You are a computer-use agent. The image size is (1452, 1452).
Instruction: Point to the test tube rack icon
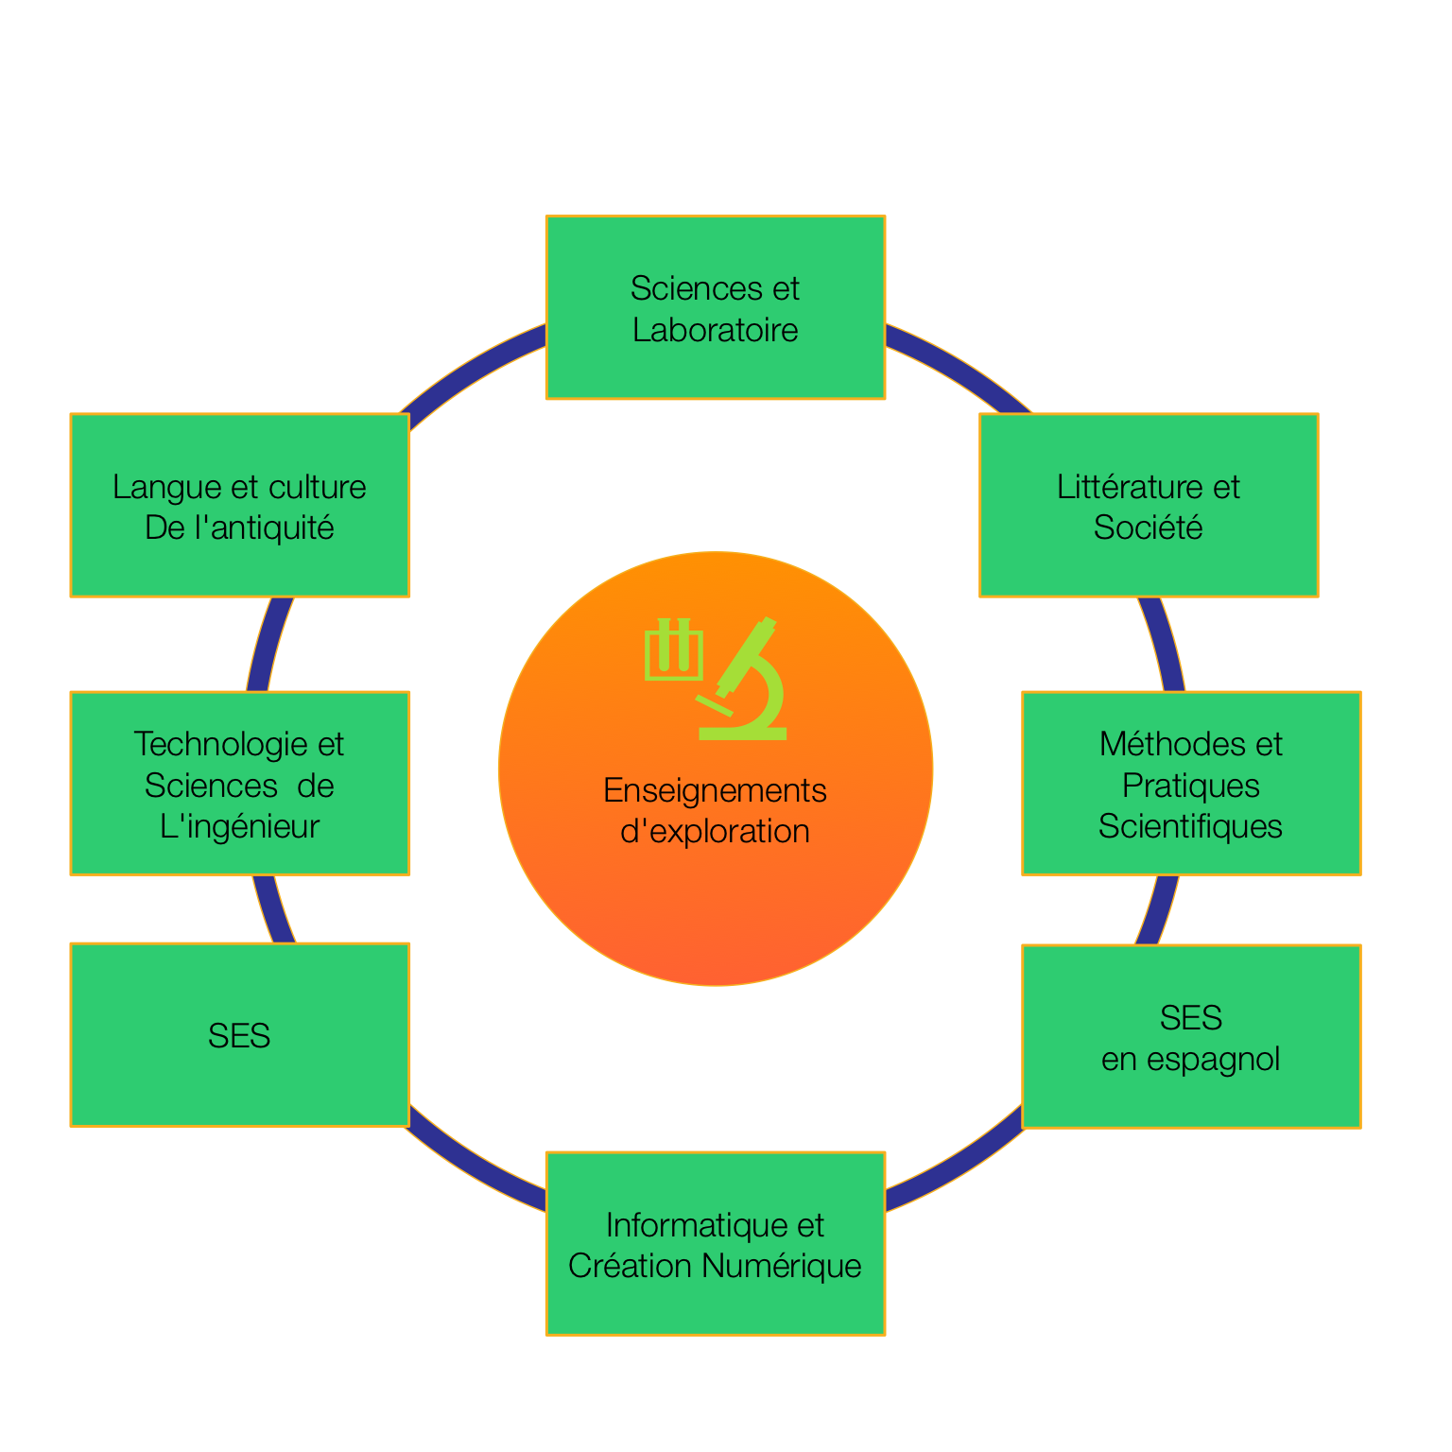pos(674,650)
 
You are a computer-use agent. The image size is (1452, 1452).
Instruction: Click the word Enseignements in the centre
pos(715,790)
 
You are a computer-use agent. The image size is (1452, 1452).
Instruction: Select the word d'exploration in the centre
pos(715,832)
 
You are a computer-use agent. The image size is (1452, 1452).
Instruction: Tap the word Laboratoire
pos(715,330)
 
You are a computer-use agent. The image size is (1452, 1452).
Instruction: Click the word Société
pos(1148,527)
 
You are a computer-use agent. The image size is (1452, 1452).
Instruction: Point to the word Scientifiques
pos(1190,826)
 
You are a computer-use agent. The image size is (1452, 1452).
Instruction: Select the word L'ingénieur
pos(239,826)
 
